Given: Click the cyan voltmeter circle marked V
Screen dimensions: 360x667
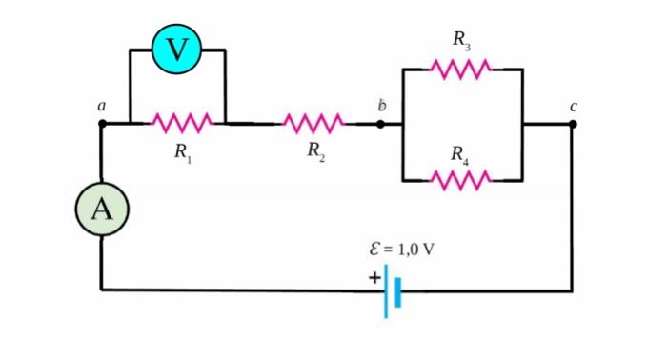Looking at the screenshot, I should (x=178, y=49).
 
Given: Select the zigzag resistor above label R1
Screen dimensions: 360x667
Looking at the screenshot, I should (x=177, y=123).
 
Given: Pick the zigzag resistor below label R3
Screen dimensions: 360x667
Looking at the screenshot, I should (x=462, y=69).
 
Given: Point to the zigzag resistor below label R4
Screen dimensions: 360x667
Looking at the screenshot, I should (x=462, y=179).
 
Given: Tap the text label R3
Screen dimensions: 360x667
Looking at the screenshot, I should (x=461, y=41).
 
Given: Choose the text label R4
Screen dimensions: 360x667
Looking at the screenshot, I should (x=461, y=153).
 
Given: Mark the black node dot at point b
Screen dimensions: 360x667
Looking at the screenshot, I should (x=381, y=123).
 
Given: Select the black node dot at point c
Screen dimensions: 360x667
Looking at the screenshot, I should (x=572, y=123).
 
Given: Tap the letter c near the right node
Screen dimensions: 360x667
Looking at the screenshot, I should (x=573, y=106).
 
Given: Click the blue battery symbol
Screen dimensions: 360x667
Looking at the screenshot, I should (x=393, y=291).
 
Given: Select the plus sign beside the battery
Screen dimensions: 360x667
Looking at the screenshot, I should (x=374, y=276).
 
